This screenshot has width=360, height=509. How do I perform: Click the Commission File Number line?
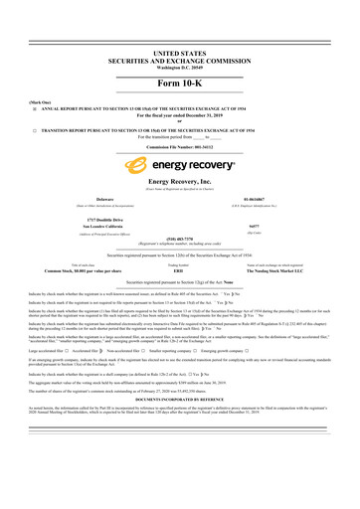point(180,146)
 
